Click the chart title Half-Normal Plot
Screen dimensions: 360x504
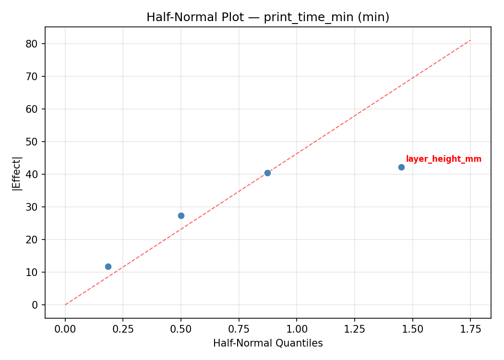[x=268, y=17]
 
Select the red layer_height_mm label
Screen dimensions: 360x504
[x=444, y=159]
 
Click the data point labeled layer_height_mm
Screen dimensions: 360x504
[x=401, y=167]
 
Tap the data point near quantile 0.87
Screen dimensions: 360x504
[x=267, y=173]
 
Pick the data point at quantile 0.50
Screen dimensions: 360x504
[x=181, y=216]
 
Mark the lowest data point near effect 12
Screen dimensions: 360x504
[x=108, y=266]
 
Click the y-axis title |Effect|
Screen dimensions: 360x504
[x=17, y=173]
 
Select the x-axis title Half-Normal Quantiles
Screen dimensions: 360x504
[x=268, y=343]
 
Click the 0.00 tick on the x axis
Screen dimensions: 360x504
[x=65, y=329]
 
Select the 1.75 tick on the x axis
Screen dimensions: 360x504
[x=470, y=329]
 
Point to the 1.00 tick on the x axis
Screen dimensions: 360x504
[x=296, y=329]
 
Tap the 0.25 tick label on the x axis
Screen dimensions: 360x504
[x=123, y=329]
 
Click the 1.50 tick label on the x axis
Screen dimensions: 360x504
[x=412, y=329]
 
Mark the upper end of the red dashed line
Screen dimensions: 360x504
[x=470, y=40]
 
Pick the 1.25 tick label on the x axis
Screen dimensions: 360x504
[x=354, y=329]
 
